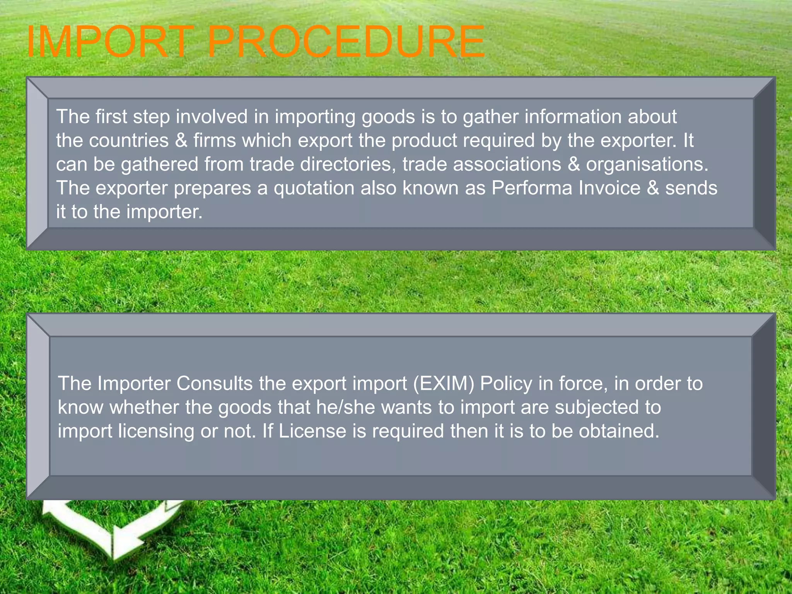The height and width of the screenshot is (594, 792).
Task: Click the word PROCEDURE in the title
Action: pos(346,42)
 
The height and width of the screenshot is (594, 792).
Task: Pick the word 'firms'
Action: pos(215,140)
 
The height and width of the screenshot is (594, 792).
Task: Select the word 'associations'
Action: pos(507,164)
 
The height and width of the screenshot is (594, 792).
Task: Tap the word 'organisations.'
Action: pos(647,164)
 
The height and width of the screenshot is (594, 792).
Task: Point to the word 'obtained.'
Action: pos(619,431)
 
